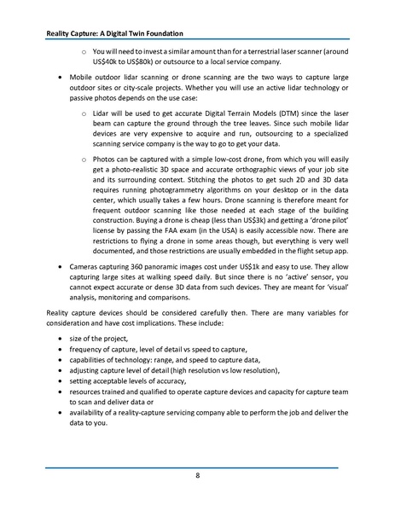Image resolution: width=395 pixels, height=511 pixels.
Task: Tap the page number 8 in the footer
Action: [197, 475]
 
